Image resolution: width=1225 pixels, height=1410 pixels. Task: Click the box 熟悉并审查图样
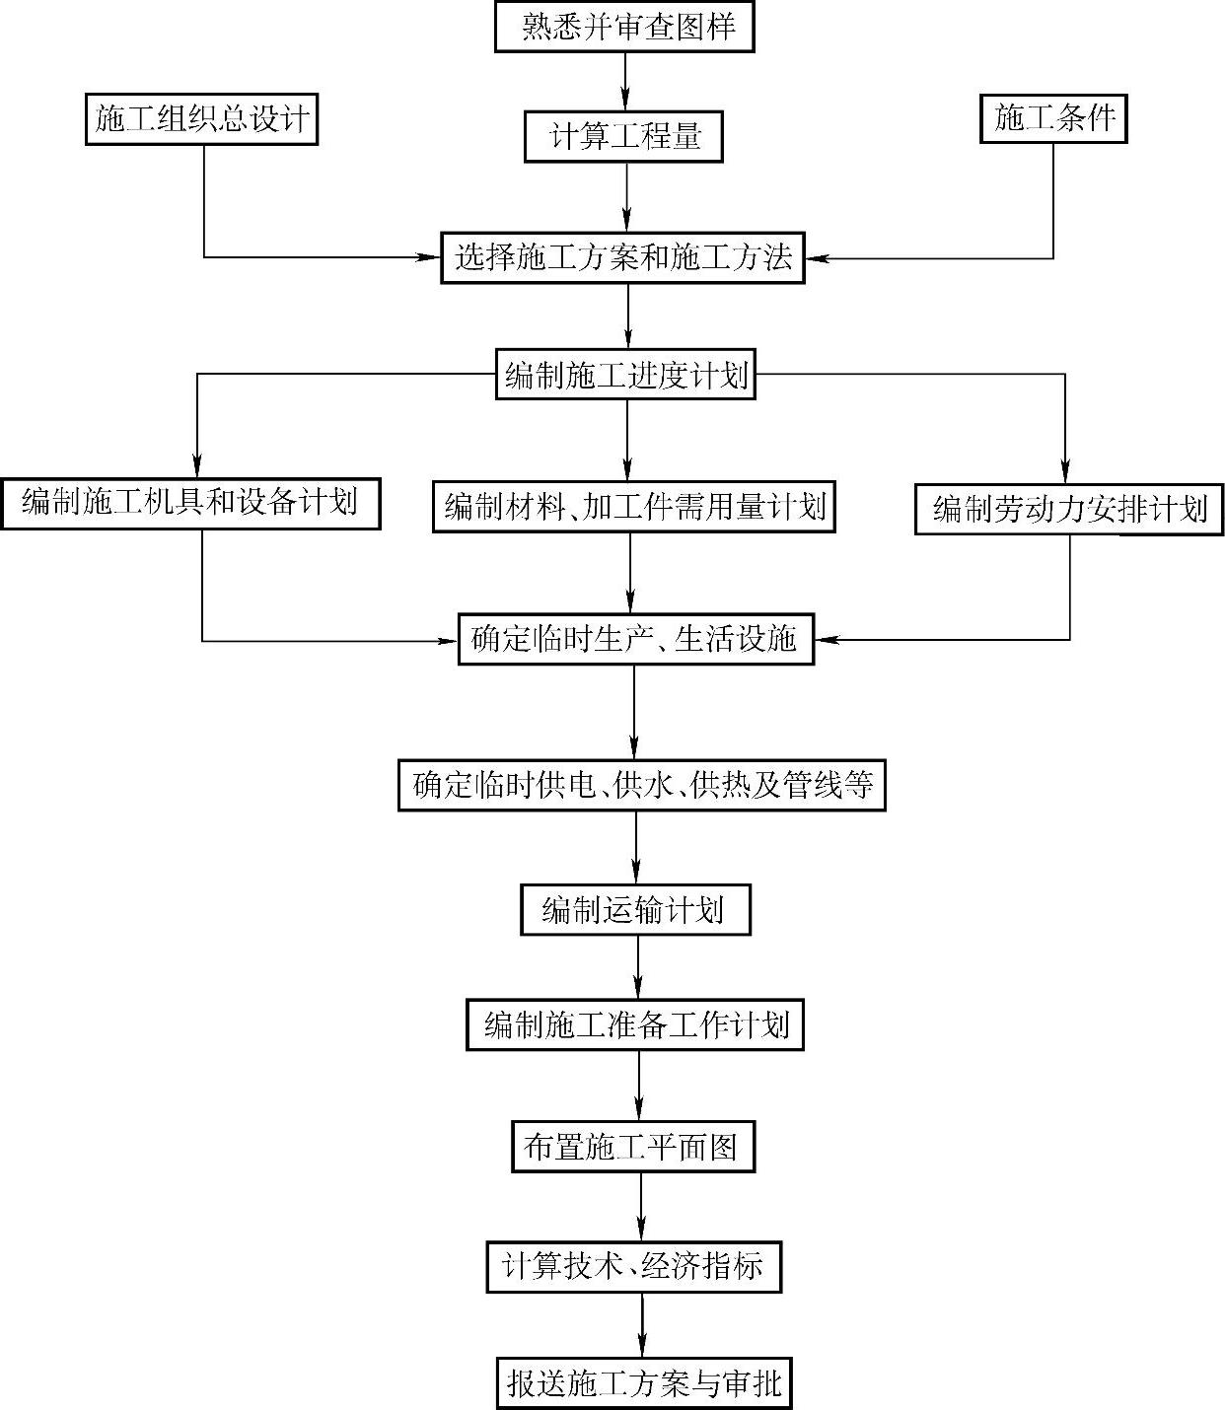click(624, 27)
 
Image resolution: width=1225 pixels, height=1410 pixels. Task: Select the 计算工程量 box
click(623, 138)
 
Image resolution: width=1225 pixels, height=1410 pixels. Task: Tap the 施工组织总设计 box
click(201, 119)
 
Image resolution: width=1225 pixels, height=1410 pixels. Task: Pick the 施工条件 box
click(1053, 119)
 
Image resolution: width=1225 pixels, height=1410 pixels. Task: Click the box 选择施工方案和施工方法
click(622, 258)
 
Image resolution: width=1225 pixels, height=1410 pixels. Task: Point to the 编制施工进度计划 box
click(625, 375)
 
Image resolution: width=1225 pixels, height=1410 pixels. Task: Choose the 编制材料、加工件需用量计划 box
click(633, 507)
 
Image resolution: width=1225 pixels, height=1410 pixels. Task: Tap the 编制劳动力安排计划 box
click(1069, 509)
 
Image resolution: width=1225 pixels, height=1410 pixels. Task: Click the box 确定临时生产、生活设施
click(635, 639)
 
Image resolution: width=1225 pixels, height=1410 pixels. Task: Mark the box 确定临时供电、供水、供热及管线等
click(641, 786)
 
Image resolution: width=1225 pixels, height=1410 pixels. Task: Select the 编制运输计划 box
click(634, 909)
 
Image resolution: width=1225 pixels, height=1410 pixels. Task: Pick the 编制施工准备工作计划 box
click(634, 1025)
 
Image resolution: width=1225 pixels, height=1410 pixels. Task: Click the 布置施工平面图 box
click(632, 1147)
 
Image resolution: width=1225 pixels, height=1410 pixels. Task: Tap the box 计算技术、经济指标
click(633, 1267)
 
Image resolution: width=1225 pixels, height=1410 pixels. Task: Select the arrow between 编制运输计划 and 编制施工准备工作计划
click(637, 967)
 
